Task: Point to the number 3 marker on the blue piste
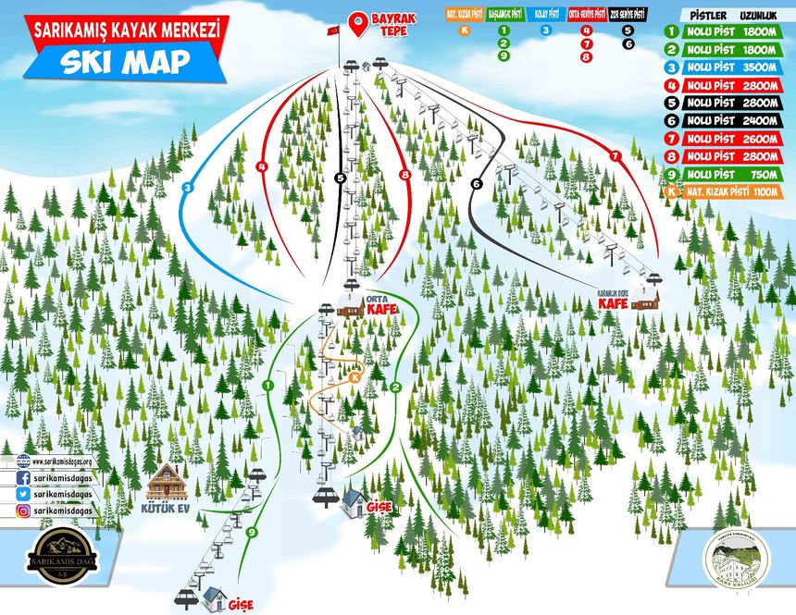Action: pyautogui.click(x=187, y=188)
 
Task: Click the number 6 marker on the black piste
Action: pyautogui.click(x=477, y=184)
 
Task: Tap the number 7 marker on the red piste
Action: pyautogui.click(x=616, y=156)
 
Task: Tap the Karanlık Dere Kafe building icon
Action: pyautogui.click(x=651, y=299)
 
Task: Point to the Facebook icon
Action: pyautogui.click(x=21, y=478)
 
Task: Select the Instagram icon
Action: pyautogui.click(x=21, y=510)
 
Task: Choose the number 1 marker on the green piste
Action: pyautogui.click(x=267, y=385)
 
